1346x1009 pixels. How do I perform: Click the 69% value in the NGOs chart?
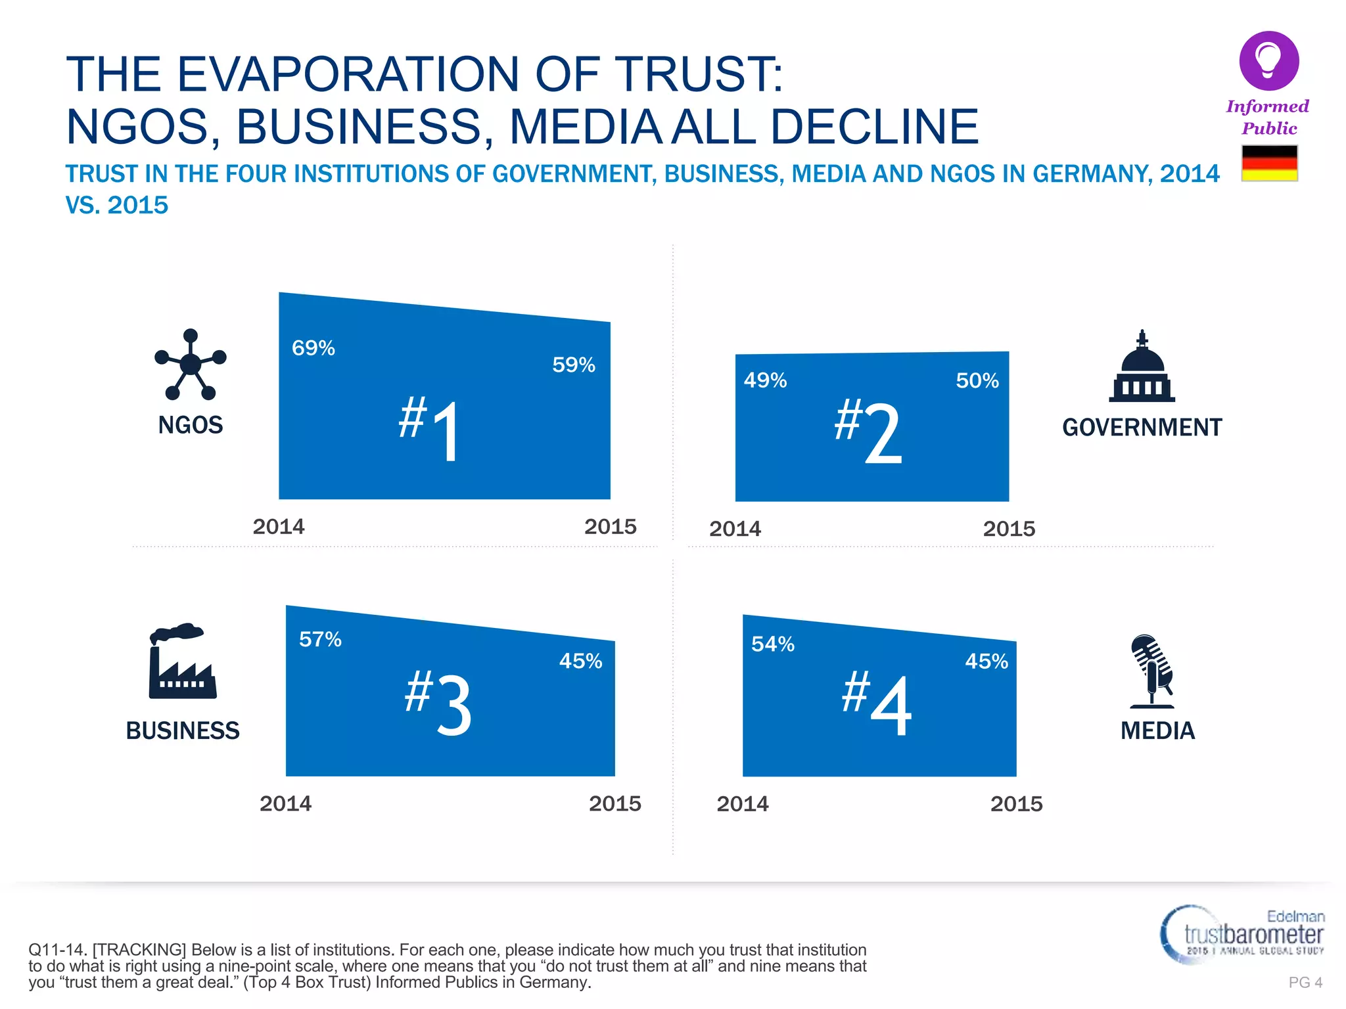pyautogui.click(x=313, y=348)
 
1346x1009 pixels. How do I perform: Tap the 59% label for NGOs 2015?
pyautogui.click(x=573, y=365)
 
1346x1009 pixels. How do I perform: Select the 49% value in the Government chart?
pyautogui.click(x=765, y=380)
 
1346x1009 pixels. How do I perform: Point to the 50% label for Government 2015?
pyautogui.click(x=977, y=380)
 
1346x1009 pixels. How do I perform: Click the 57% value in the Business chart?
pyautogui.click(x=320, y=639)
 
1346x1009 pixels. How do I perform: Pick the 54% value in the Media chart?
pyautogui.click(x=772, y=644)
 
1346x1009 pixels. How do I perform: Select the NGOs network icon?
pyautogui.click(x=190, y=365)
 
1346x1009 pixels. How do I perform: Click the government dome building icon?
pyautogui.click(x=1142, y=368)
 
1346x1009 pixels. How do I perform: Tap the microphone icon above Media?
pyautogui.click(x=1151, y=670)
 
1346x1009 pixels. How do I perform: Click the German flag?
pyautogui.click(x=1269, y=163)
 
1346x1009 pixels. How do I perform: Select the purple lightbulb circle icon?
pyautogui.click(x=1268, y=60)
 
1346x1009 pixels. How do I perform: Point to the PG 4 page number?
pyautogui.click(x=1305, y=982)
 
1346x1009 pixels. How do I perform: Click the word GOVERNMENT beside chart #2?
pyautogui.click(x=1142, y=428)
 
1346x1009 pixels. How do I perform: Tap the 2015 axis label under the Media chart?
pyautogui.click(x=1016, y=804)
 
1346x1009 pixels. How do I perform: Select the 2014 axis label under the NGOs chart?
pyautogui.click(x=279, y=527)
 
